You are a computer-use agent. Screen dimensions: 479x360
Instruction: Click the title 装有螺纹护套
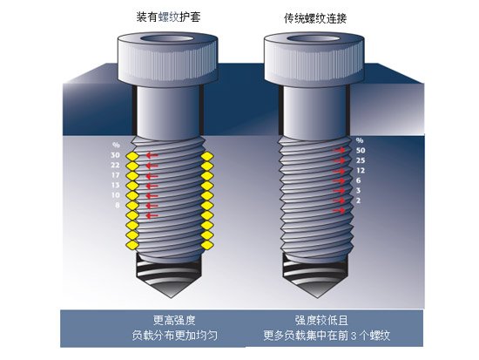coord(168,17)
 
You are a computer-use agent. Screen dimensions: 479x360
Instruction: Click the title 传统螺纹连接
coord(315,19)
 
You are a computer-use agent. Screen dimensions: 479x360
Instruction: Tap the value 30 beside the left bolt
coord(115,155)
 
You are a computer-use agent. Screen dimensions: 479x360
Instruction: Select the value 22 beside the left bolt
coord(115,165)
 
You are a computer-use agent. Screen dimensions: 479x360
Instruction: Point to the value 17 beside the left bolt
coord(115,175)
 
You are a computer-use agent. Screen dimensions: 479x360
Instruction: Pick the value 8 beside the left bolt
coord(118,205)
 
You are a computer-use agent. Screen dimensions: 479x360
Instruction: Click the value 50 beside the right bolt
coord(361,151)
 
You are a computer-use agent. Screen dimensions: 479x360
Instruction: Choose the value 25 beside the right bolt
coord(361,160)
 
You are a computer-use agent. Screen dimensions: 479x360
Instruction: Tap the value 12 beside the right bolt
coord(361,170)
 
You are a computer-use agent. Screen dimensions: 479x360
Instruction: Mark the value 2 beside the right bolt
coord(358,200)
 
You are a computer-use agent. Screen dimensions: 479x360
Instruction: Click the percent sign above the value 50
coord(360,140)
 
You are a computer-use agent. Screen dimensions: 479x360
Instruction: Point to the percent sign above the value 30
coord(116,145)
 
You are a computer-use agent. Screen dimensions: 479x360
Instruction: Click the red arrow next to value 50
coord(339,150)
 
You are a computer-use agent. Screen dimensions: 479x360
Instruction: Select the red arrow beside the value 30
coord(152,155)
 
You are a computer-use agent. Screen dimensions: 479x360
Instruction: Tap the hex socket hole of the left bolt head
coord(167,39)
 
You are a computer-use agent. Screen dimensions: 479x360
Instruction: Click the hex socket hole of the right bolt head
coord(314,39)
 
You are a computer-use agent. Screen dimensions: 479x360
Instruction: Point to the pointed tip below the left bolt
coord(169,297)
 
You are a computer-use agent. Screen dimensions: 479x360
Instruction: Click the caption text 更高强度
coord(174,321)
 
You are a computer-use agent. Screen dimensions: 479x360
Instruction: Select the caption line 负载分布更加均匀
coord(175,336)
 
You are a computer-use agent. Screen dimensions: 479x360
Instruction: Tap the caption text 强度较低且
coord(321,321)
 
